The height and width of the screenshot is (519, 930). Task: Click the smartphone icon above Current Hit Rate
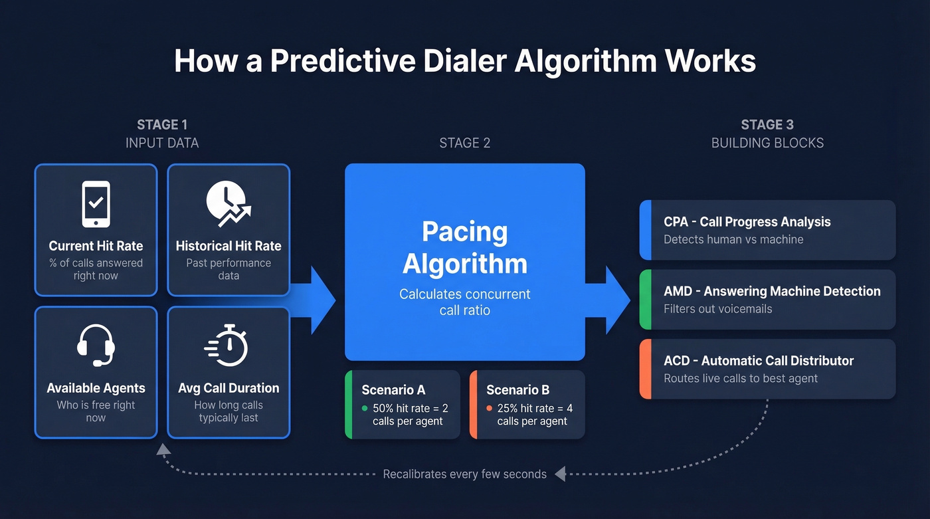pos(96,205)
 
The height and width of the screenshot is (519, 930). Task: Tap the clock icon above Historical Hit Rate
pos(228,202)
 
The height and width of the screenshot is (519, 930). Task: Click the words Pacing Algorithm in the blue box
pos(464,248)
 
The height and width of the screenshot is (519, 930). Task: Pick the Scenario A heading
pos(393,390)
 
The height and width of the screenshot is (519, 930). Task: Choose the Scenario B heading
pos(518,390)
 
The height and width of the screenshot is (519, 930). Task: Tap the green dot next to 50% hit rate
pos(365,409)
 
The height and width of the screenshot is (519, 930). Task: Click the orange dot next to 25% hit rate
pos(490,409)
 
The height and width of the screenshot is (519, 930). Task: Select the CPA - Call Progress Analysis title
pos(747,222)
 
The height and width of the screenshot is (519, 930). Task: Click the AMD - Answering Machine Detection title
pos(772,291)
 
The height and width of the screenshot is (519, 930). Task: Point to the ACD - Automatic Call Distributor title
pos(759,361)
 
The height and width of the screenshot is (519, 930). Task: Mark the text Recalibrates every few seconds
pos(464,474)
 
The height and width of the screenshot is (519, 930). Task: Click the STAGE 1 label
pos(162,125)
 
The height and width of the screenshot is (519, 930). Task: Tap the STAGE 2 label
pos(464,143)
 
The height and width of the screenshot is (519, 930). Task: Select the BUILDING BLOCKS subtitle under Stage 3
pos(767,143)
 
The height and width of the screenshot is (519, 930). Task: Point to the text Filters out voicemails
pos(717,309)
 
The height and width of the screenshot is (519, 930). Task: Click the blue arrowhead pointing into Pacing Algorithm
pos(323,300)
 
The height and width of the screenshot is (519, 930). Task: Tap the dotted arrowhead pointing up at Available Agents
pos(163,449)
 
